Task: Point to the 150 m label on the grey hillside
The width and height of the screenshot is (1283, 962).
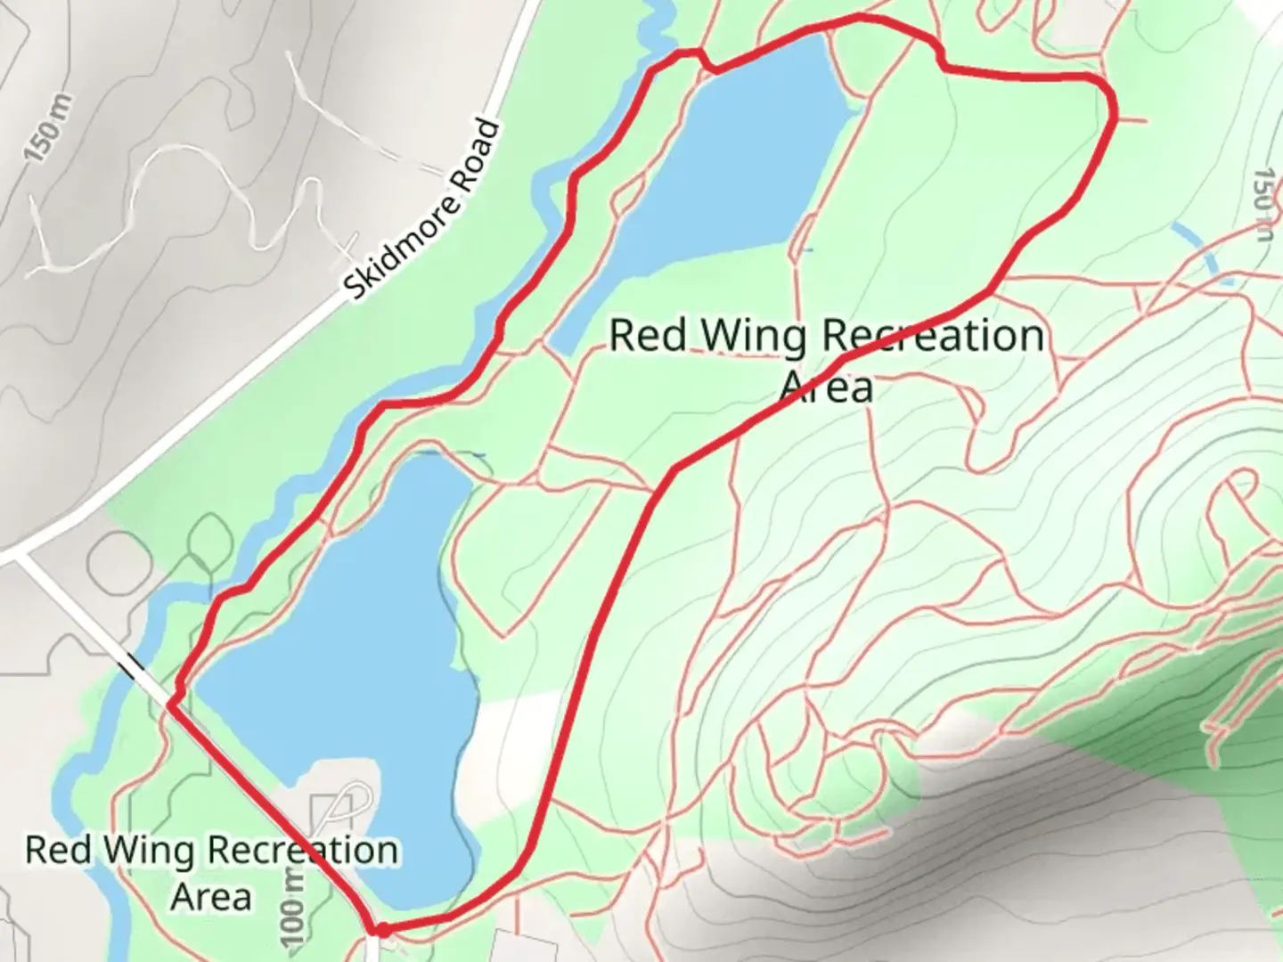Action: tap(46, 128)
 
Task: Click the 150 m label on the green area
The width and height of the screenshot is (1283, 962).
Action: tap(1263, 205)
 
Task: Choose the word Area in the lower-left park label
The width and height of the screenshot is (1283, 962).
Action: tap(212, 896)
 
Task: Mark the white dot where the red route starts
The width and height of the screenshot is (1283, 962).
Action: tap(382, 930)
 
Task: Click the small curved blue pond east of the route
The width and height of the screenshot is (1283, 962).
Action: tap(1203, 249)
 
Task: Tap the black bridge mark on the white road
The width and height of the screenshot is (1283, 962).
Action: tap(136, 664)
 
